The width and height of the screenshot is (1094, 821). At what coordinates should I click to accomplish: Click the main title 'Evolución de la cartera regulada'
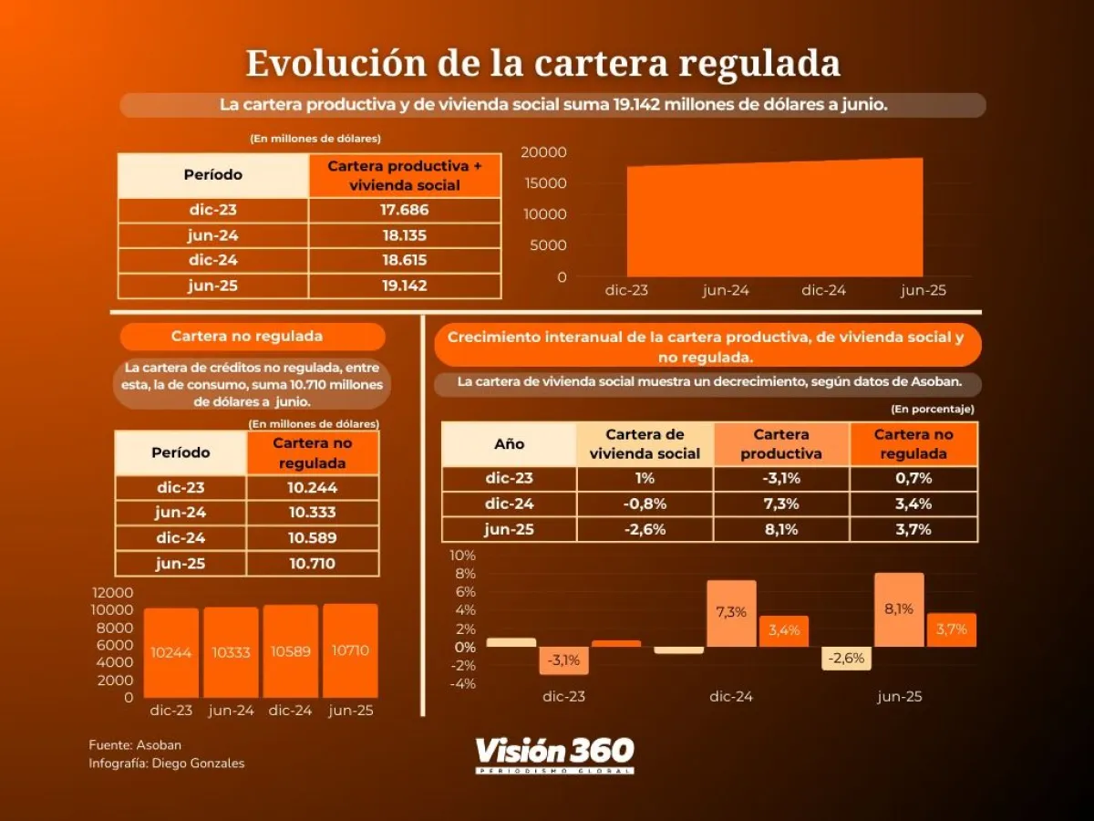point(543,64)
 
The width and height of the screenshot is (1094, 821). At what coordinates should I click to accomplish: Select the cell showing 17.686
point(404,211)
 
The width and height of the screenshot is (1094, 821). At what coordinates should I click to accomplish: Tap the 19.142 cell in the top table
point(404,286)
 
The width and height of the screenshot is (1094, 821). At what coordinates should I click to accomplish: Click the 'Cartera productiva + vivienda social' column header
point(404,175)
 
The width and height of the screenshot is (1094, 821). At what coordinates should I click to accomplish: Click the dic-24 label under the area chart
point(824,290)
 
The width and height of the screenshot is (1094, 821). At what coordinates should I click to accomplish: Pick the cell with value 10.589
point(313,538)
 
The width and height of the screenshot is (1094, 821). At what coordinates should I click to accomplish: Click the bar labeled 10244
point(170,652)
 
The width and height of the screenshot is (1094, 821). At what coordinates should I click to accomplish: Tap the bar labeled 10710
point(350,650)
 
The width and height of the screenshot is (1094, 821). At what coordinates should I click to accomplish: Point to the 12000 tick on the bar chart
point(113,593)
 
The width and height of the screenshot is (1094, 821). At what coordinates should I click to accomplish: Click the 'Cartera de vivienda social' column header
point(645,444)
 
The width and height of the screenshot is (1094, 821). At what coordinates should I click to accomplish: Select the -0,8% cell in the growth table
point(645,504)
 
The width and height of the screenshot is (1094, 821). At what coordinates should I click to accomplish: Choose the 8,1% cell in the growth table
point(781,530)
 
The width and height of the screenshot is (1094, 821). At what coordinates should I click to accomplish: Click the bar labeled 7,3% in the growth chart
point(731,613)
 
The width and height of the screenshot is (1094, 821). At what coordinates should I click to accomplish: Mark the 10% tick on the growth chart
point(462,556)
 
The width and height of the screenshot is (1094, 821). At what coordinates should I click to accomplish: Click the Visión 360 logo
point(554,753)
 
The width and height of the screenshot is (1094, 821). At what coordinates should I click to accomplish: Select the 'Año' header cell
point(509,444)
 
